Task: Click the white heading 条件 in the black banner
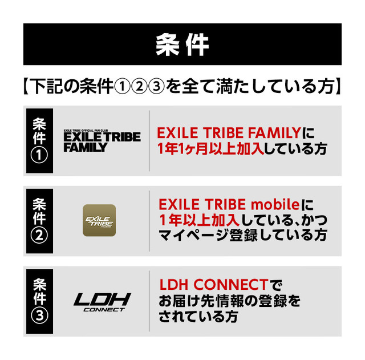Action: click(x=182, y=45)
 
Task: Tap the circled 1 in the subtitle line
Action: click(x=122, y=87)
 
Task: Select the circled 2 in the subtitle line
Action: click(x=139, y=87)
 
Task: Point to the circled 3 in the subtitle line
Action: click(x=156, y=87)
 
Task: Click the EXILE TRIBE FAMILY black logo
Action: click(x=102, y=141)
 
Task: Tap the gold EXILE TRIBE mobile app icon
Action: click(x=99, y=220)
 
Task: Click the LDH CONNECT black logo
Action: click(x=102, y=302)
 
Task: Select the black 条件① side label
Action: click(x=39, y=141)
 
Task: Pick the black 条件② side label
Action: click(x=39, y=221)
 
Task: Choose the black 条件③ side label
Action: click(x=39, y=301)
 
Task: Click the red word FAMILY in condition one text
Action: click(x=274, y=133)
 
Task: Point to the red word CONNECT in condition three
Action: click(x=230, y=285)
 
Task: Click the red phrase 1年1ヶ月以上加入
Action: click(x=210, y=148)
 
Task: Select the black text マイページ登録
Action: click(x=208, y=235)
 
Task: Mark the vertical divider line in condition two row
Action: click(x=149, y=221)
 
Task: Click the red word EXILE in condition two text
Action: click(x=179, y=204)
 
